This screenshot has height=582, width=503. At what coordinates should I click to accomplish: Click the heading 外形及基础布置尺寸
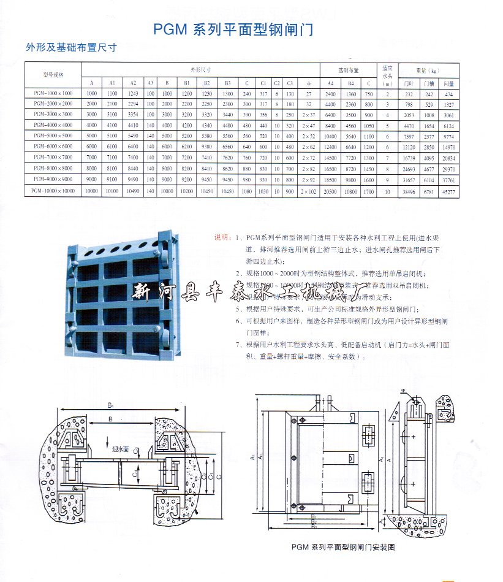pyautogui.click(x=70, y=47)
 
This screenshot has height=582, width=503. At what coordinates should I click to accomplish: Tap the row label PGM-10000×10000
pyautogui.click(x=53, y=191)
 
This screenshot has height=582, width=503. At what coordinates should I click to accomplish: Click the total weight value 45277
pyautogui.click(x=448, y=191)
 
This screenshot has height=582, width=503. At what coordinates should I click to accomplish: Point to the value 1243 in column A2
pyautogui.click(x=132, y=93)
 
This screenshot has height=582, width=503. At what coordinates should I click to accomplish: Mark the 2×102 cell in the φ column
pyautogui.click(x=308, y=191)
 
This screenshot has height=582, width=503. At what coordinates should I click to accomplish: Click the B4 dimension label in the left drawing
pyautogui.click(x=111, y=405)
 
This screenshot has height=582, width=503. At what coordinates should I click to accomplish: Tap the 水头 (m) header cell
pyautogui.click(x=387, y=74)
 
